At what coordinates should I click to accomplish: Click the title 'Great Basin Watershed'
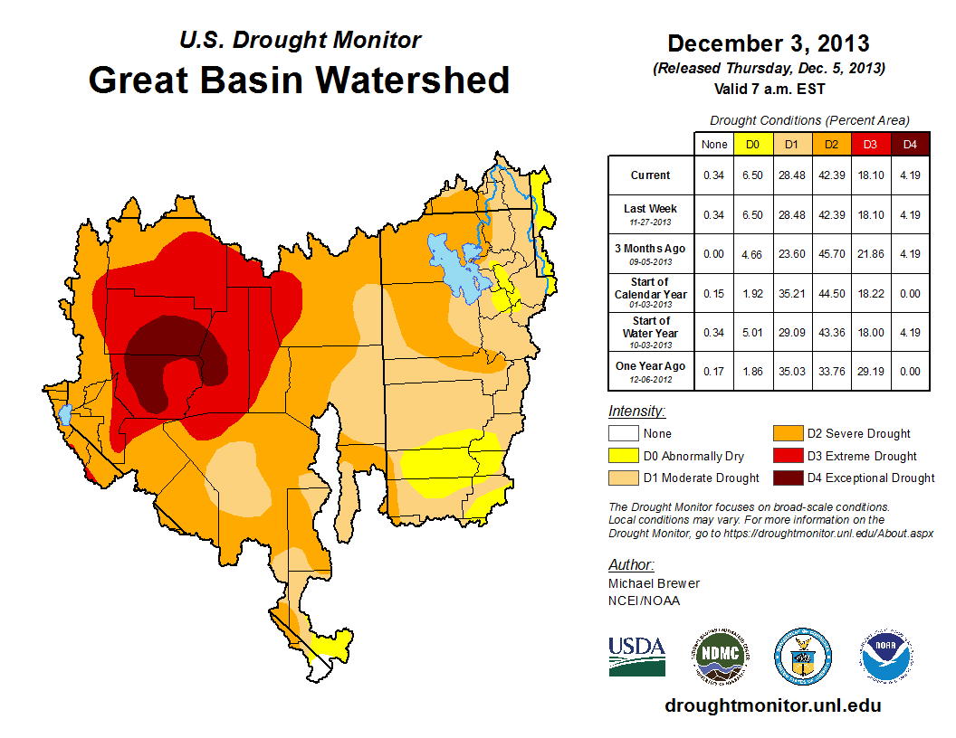[299, 80]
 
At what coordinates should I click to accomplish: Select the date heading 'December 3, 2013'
[768, 43]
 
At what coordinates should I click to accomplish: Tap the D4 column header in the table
[909, 144]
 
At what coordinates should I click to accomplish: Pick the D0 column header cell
[751, 144]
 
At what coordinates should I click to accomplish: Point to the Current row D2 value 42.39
[830, 175]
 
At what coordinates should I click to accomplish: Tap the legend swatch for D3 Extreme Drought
[786, 456]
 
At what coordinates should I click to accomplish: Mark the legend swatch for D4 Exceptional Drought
[786, 478]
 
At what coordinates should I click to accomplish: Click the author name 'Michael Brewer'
[654, 583]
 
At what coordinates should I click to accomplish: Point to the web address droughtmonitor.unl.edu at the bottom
[772, 705]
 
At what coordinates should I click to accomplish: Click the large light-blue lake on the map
[457, 267]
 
